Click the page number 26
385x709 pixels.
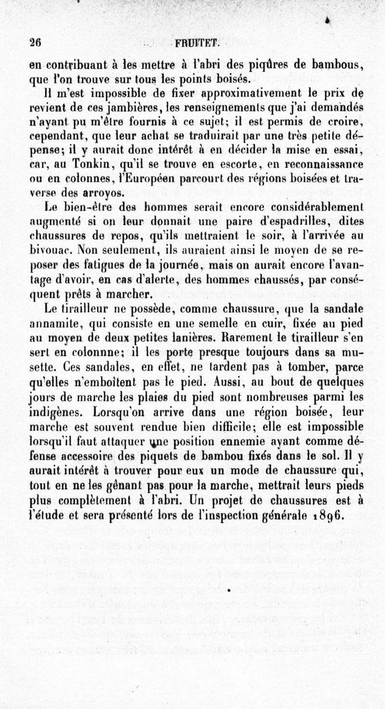click(x=34, y=42)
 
